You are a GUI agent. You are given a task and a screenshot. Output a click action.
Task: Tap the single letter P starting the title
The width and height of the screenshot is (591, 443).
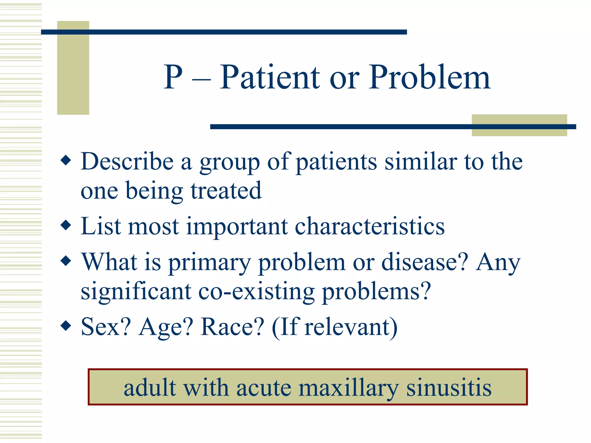tap(173, 77)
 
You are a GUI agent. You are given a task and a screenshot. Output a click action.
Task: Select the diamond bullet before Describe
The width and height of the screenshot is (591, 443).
tap(66, 160)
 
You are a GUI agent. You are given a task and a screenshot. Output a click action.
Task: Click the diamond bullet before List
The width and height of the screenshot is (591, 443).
tap(66, 225)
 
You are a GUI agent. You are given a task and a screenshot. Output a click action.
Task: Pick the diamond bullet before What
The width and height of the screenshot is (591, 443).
tap(66, 261)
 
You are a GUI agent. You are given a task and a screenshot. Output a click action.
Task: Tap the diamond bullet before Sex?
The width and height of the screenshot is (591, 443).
tap(66, 326)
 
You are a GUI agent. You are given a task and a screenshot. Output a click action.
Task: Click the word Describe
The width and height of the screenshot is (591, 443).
tap(127, 162)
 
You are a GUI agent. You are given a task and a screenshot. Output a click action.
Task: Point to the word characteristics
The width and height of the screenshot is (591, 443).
tap(370, 226)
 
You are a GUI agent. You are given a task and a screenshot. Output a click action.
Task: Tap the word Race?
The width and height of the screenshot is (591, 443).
tap(232, 327)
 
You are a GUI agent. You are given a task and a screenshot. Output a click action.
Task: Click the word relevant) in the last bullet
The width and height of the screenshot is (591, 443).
tap(351, 327)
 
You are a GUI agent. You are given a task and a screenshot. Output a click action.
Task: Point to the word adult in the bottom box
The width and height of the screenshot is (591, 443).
tap(150, 388)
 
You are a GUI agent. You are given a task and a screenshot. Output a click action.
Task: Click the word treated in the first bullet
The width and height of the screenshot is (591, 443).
tap(226, 191)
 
